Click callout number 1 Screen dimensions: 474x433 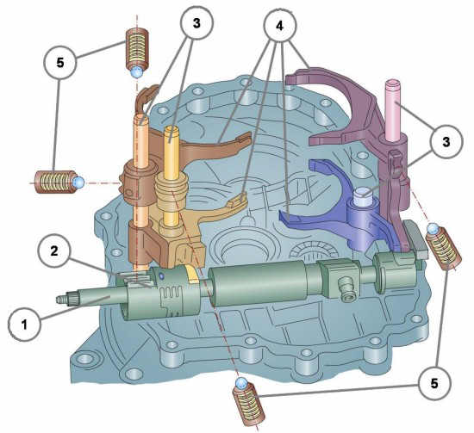point(24,325)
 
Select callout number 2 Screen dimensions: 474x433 point(54,251)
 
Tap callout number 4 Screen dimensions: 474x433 point(279,26)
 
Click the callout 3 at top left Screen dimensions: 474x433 point(196,23)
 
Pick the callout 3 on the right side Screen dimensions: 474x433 point(446,142)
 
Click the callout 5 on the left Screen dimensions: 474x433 point(60,63)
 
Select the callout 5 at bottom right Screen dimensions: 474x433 point(434,384)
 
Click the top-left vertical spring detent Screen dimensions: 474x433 point(137,53)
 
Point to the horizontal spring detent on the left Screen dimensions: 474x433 point(59,182)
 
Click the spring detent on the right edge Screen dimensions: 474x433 point(443,246)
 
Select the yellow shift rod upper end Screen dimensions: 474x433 point(172,133)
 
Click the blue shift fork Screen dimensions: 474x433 point(339,207)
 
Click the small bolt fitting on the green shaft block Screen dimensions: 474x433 point(346,290)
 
